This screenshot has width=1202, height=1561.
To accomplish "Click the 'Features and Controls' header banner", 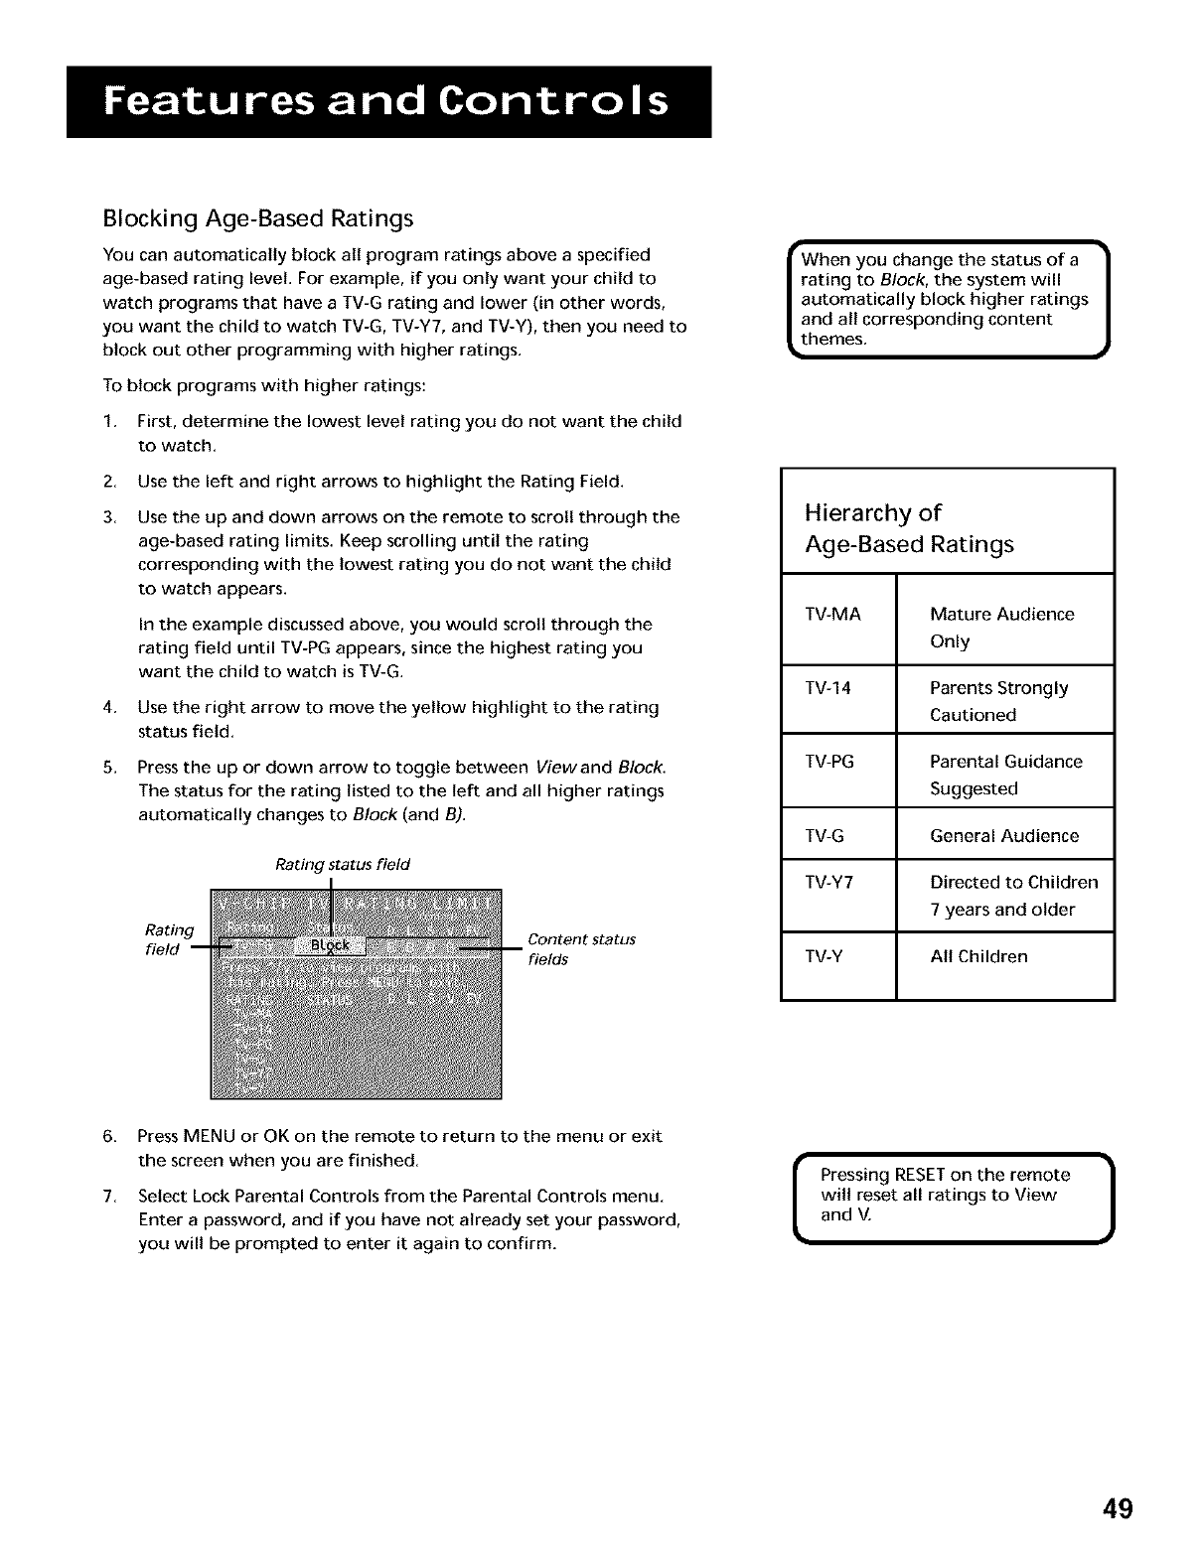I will [x=388, y=102].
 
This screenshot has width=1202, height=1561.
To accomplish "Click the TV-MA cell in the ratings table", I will [x=834, y=615].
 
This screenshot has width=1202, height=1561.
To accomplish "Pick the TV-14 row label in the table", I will [x=828, y=688].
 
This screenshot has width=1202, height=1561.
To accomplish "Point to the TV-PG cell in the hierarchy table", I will [x=830, y=762].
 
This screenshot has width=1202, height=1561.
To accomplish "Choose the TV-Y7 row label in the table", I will [x=830, y=882].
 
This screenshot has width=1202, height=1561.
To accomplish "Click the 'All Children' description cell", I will [x=978, y=956].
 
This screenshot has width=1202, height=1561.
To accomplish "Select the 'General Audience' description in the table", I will [x=1003, y=835].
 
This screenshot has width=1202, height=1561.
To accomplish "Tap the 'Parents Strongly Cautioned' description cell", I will [x=998, y=701].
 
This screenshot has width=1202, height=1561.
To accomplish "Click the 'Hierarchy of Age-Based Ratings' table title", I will [x=909, y=528].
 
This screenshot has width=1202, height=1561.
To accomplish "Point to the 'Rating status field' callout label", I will [x=342, y=864].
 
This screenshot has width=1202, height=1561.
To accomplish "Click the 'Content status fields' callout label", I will [x=581, y=949].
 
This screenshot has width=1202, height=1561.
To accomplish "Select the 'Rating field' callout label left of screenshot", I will [x=168, y=939].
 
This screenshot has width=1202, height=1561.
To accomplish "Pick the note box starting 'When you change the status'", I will [x=944, y=298].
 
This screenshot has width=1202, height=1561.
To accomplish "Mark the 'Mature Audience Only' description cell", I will [x=1001, y=628].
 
